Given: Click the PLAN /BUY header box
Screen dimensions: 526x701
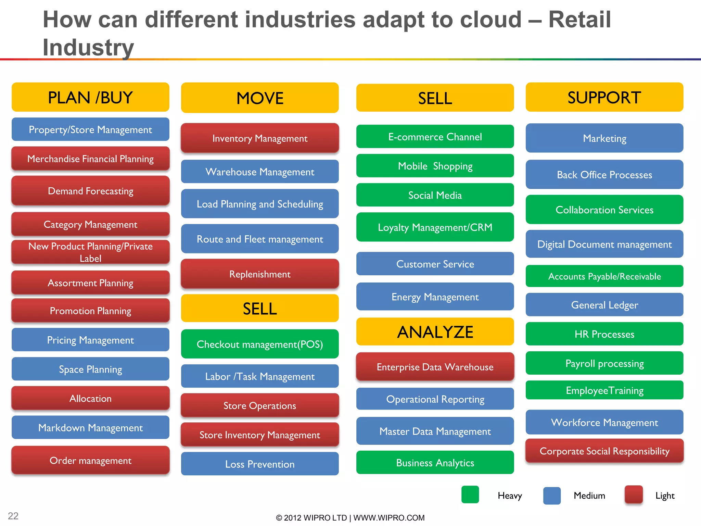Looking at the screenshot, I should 90,97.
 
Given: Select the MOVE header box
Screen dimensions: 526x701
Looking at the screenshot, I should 260,98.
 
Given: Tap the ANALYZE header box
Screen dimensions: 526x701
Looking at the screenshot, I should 435,332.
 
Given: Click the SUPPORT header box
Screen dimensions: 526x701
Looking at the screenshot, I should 604,97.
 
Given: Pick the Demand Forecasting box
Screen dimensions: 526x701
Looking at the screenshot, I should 90,191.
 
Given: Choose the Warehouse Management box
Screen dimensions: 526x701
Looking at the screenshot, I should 260,172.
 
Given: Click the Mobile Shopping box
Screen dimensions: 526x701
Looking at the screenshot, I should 435,166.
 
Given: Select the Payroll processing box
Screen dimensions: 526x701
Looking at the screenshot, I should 604,363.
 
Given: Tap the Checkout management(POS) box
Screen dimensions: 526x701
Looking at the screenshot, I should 260,344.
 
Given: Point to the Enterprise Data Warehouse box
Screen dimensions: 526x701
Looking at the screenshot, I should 435,367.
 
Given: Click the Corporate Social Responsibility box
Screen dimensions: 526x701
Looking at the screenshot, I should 604,451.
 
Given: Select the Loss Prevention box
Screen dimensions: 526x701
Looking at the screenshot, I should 260,464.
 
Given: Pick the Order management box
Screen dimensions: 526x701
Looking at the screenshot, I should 90,460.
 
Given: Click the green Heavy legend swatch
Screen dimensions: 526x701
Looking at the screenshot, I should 470,495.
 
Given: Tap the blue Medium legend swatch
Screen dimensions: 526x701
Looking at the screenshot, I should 552,496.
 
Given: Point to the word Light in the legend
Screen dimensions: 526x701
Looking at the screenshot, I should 665,496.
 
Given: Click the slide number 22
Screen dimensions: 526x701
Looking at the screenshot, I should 13,516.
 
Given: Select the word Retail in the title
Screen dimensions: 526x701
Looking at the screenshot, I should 579,20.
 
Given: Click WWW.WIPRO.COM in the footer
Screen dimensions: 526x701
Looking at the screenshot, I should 389,518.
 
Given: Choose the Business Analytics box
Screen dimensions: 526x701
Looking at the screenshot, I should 435,463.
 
